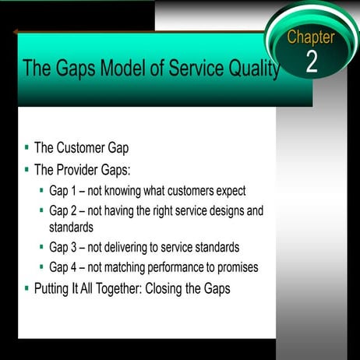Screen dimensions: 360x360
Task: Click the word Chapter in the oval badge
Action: (x=310, y=37)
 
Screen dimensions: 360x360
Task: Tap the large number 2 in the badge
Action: (x=311, y=62)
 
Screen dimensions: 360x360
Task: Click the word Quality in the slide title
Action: (x=249, y=69)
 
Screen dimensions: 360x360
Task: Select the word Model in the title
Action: (x=109, y=69)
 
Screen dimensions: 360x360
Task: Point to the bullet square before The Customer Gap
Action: (x=26, y=146)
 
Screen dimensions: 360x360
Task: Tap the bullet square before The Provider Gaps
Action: (x=26, y=168)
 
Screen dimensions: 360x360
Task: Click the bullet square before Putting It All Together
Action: (x=26, y=287)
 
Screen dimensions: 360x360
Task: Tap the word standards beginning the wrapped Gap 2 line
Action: (x=72, y=228)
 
